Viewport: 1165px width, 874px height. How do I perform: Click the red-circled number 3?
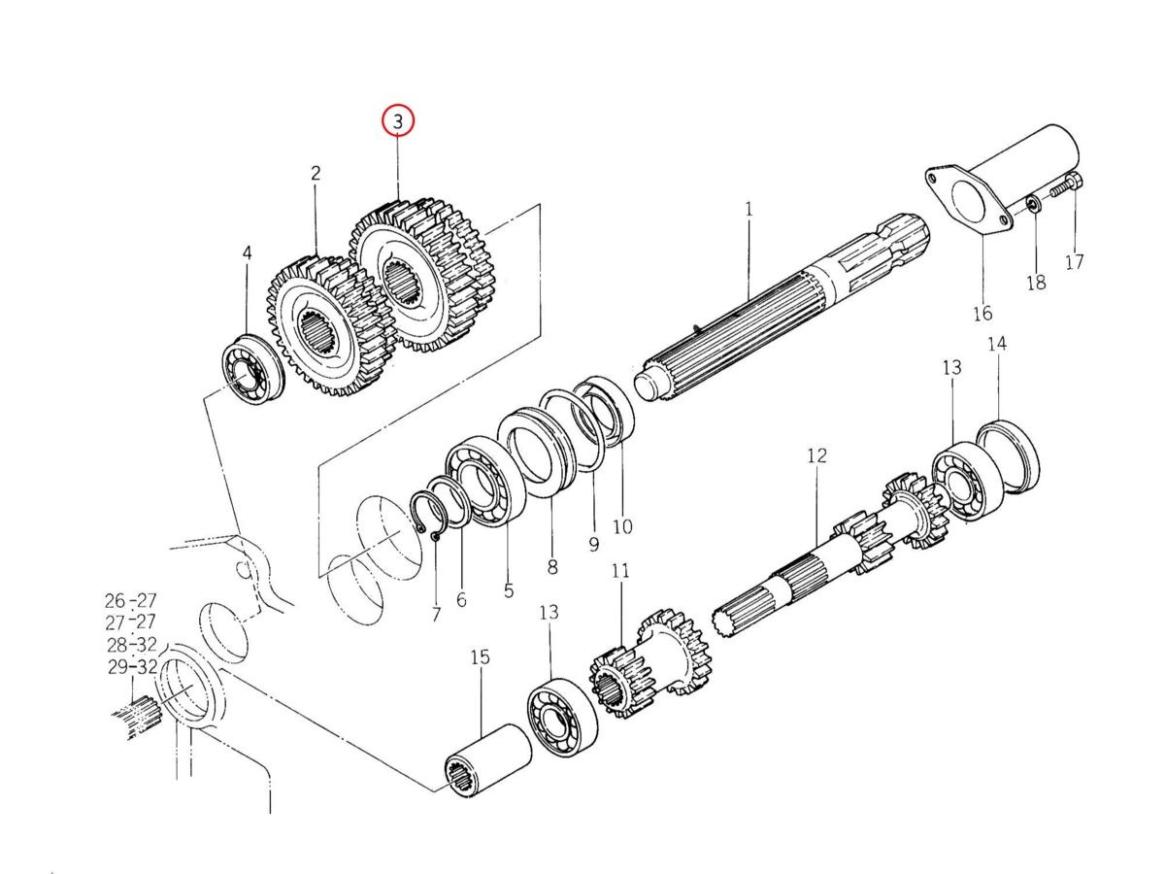coord(398,121)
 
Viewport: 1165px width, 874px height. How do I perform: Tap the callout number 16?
coord(982,314)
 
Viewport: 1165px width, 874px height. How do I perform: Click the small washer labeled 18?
coord(1033,204)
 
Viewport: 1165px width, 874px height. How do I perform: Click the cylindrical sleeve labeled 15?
coord(487,764)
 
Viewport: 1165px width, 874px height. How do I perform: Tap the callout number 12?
coord(816,455)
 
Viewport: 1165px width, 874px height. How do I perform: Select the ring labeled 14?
coord(1008,456)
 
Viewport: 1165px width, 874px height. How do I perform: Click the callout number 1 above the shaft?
coord(749,210)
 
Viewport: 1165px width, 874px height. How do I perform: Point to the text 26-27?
coord(130,601)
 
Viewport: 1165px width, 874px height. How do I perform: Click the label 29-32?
coord(132,667)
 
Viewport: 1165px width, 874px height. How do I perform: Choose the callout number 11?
coord(620,571)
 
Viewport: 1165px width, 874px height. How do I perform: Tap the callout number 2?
coord(316,173)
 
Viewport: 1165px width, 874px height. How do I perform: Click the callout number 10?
coord(622,526)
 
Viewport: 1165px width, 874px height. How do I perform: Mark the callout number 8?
coord(552,567)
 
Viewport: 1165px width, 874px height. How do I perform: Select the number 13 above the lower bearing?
coord(549,613)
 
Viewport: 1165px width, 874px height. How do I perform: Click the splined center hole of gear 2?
coord(316,332)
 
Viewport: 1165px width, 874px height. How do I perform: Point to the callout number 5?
coord(509,590)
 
